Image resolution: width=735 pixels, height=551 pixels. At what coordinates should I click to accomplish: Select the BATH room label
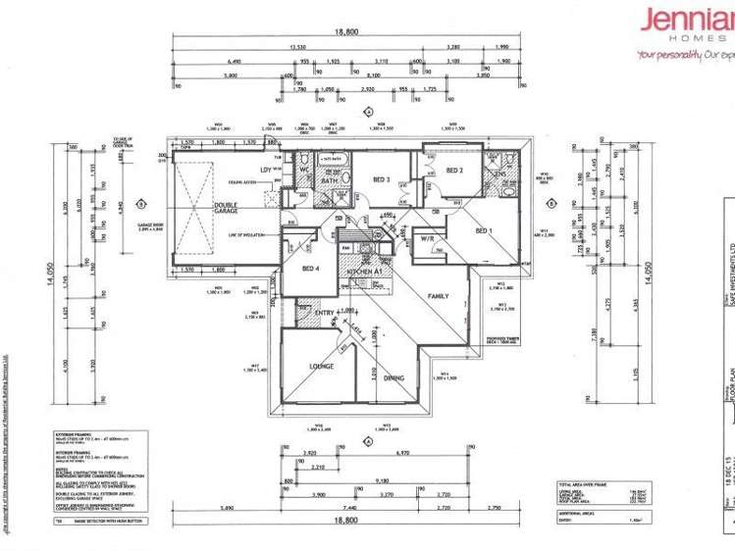click(x=331, y=180)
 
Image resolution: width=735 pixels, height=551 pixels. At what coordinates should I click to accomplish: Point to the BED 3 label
click(x=382, y=179)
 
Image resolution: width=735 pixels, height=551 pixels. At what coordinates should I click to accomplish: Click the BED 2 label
click(x=454, y=171)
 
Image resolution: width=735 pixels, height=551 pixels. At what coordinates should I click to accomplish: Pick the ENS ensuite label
click(x=499, y=175)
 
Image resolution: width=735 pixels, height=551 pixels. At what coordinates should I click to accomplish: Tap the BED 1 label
click(x=484, y=230)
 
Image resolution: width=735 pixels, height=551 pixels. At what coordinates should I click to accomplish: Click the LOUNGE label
click(x=323, y=366)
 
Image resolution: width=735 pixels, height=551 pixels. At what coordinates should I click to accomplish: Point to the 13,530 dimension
click(x=297, y=46)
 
